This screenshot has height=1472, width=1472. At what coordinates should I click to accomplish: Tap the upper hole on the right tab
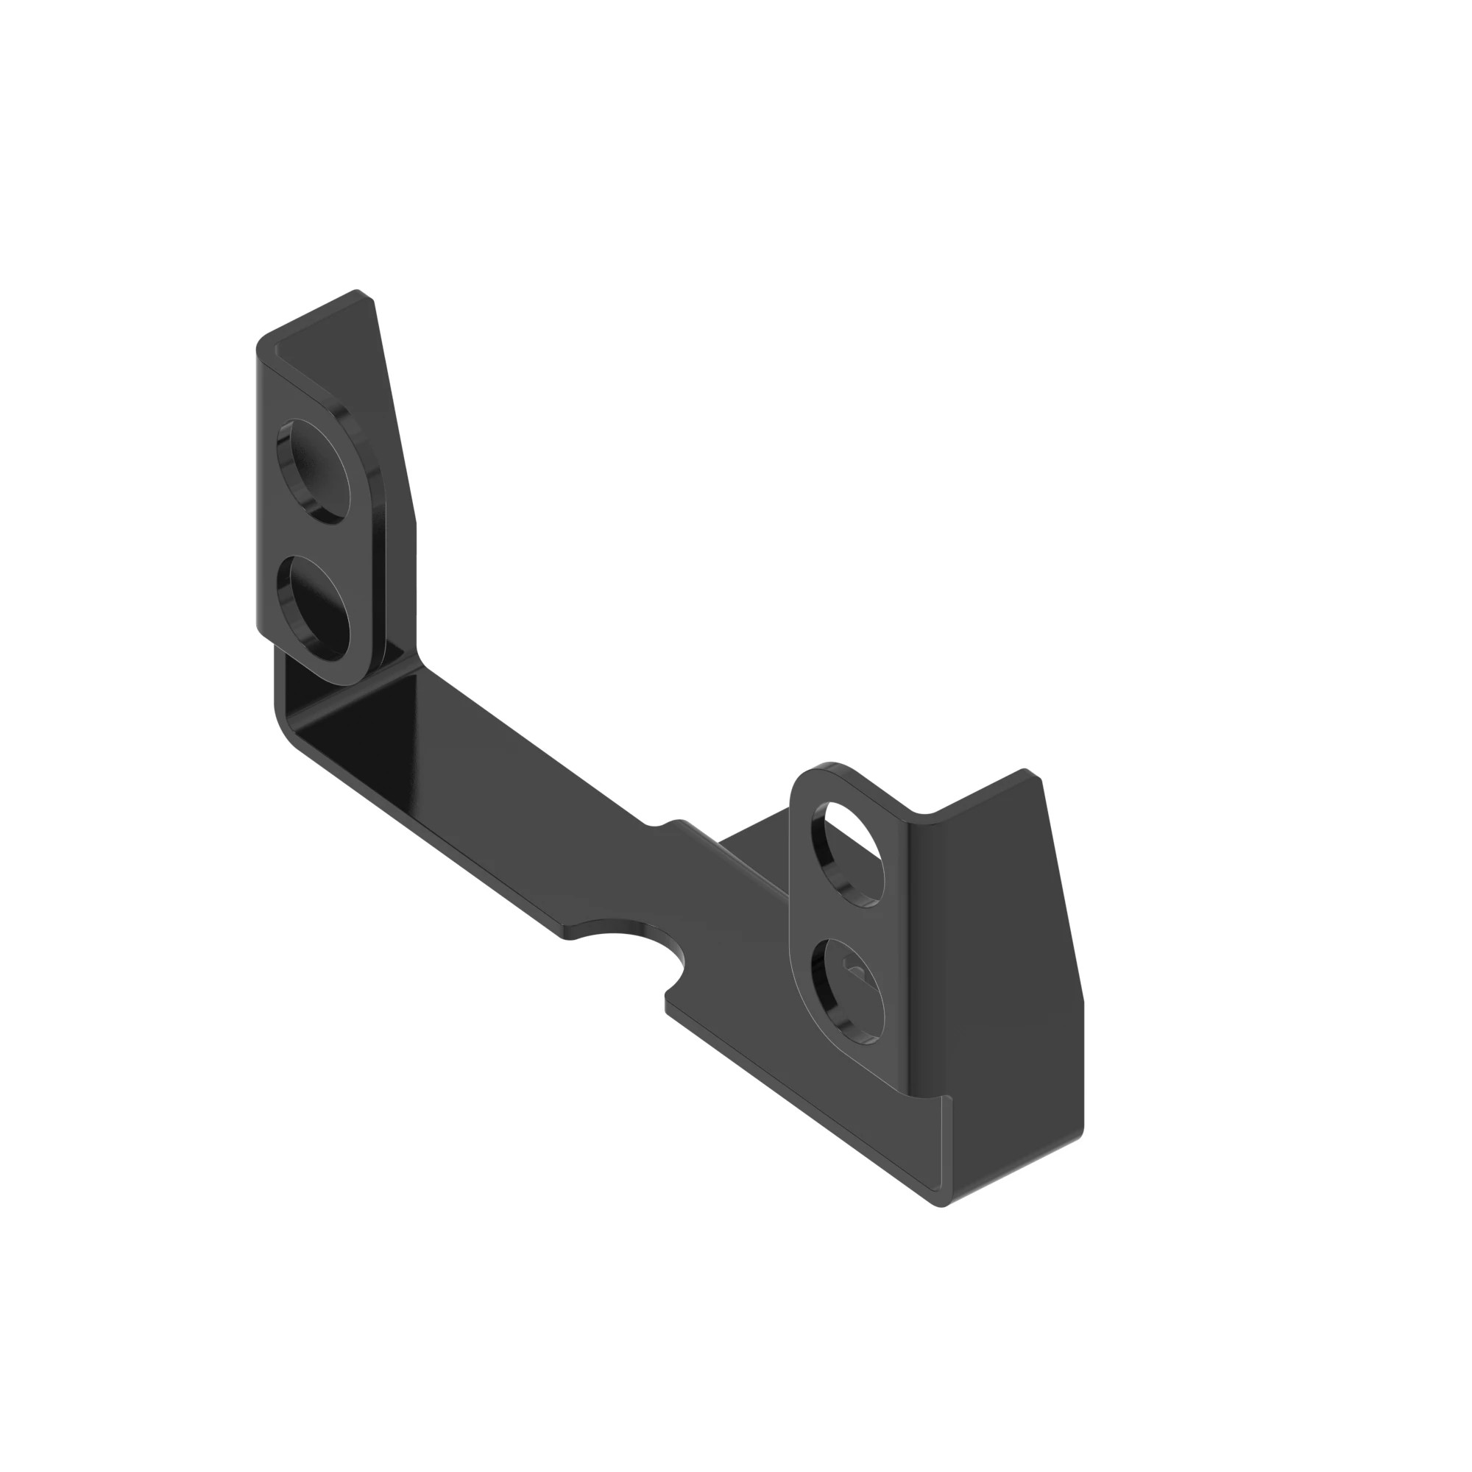[848, 853]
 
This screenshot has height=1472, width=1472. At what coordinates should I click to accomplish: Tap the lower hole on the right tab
[848, 990]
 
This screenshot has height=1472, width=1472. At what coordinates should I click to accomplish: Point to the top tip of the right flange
[1025, 771]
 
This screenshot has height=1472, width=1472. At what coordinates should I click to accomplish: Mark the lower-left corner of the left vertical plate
[259, 629]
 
